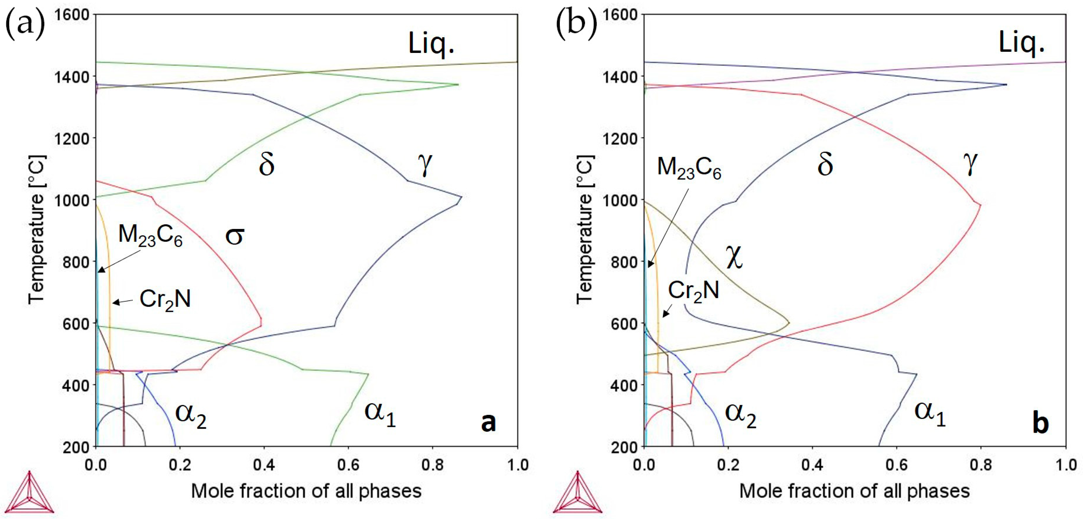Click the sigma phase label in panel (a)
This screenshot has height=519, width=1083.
tap(235, 236)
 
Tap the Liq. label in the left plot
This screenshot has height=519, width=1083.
tap(431, 43)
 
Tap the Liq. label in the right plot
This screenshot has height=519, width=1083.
tap(1022, 43)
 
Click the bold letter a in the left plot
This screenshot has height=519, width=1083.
tap(488, 422)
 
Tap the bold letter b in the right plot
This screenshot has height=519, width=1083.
tap(1040, 423)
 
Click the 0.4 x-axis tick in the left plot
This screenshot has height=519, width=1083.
tap(264, 465)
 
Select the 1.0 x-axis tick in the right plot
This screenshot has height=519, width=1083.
tap(1065, 465)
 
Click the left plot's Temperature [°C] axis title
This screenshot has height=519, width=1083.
tap(37, 230)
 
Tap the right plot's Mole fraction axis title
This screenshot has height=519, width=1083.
tap(854, 491)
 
